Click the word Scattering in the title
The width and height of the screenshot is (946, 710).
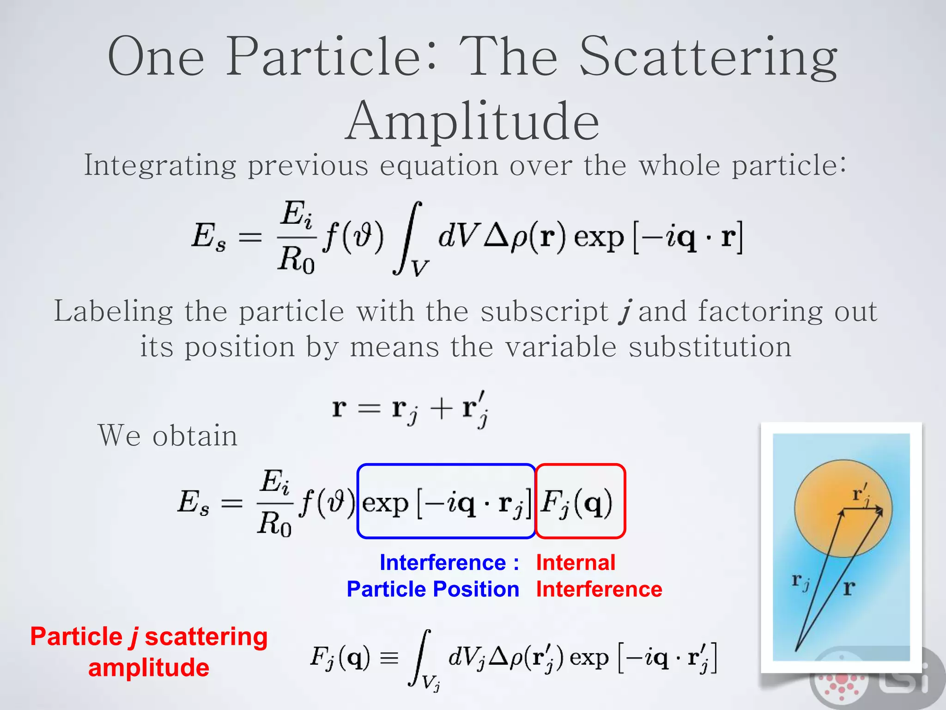pyautogui.click(x=708, y=58)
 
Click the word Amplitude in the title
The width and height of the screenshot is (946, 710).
pyautogui.click(x=472, y=121)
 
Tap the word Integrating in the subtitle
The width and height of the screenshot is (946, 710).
pyautogui.click(x=160, y=165)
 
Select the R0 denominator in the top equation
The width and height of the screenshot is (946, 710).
pyautogui.click(x=296, y=259)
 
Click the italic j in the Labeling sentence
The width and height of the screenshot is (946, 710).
pyautogui.click(x=625, y=311)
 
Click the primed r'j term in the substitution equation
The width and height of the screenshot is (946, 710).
pyautogui.click(x=475, y=409)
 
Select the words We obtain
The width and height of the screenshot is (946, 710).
pyautogui.click(x=168, y=435)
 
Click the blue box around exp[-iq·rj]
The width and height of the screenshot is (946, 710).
pyautogui.click(x=446, y=502)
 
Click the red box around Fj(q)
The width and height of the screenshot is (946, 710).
pyautogui.click(x=580, y=502)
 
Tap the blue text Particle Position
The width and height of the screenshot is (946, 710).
pyautogui.click(x=433, y=589)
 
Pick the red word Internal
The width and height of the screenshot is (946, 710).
pyautogui.click(x=576, y=563)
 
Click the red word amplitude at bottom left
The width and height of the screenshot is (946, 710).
pyautogui.click(x=148, y=668)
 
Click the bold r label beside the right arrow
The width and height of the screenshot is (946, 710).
pyautogui.click(x=849, y=588)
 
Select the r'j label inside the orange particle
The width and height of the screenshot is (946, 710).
pyautogui.click(x=861, y=494)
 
